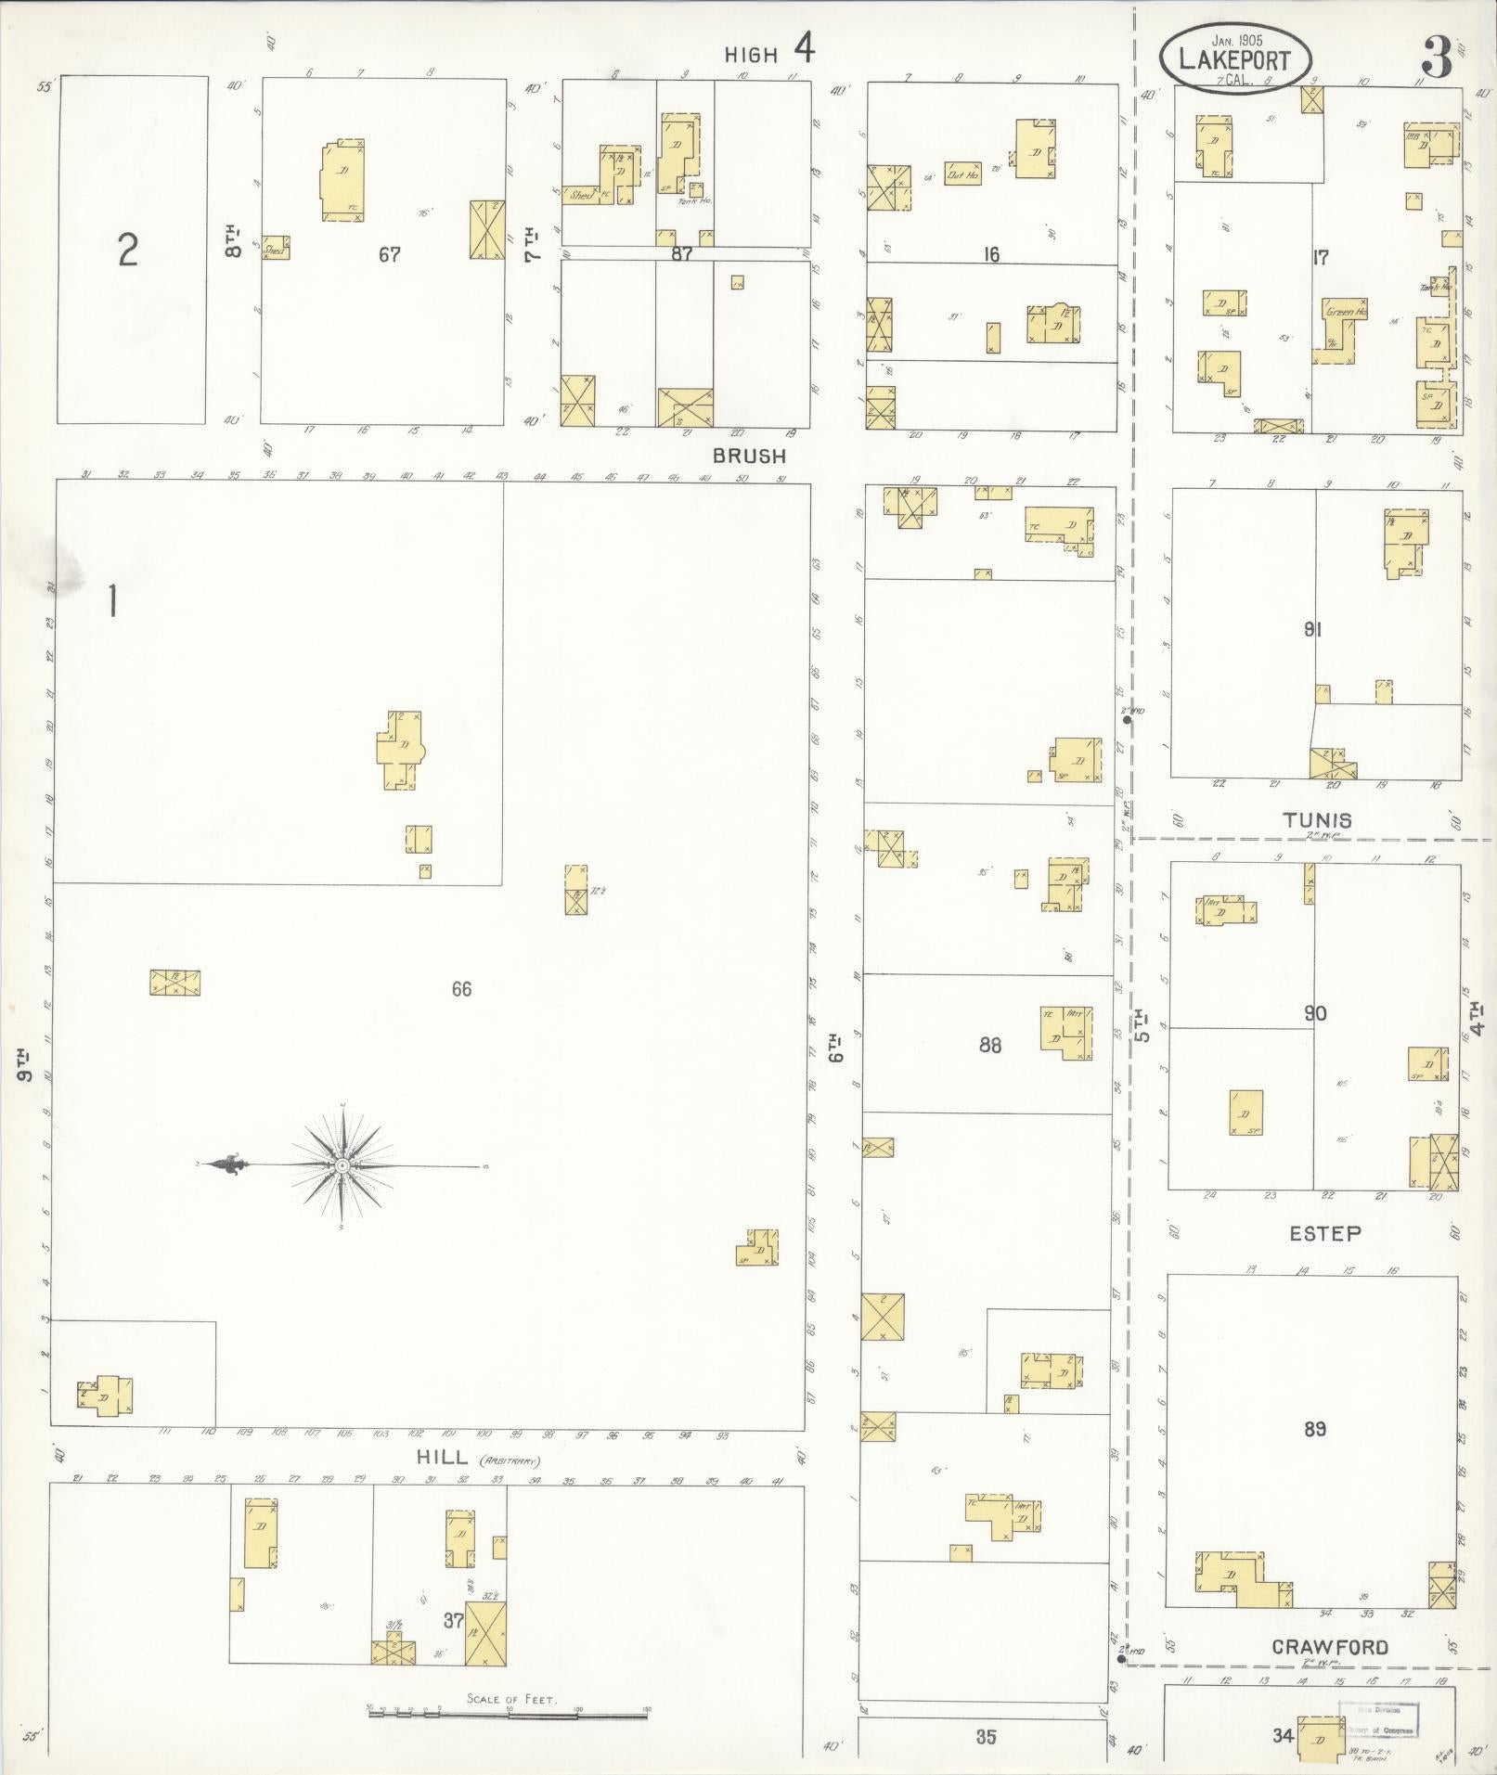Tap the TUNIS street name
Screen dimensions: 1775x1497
[x=1317, y=819]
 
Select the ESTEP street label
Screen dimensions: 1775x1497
[x=1324, y=1233]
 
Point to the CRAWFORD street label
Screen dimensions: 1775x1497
[x=1330, y=1647]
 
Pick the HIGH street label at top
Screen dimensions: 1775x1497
[x=751, y=56]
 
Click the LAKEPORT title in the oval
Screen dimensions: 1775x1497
[x=1233, y=60]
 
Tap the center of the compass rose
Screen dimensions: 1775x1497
[x=342, y=1165]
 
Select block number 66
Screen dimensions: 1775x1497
[x=461, y=989]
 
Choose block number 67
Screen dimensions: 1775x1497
[x=389, y=253]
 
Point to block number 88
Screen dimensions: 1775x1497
[x=990, y=1045]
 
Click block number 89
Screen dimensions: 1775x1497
[x=1314, y=1429]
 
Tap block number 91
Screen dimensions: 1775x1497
[x=1312, y=630]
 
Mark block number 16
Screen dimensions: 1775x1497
[x=991, y=253]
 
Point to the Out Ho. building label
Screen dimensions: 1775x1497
[x=962, y=174]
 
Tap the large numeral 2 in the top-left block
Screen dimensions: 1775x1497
[x=128, y=251]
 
